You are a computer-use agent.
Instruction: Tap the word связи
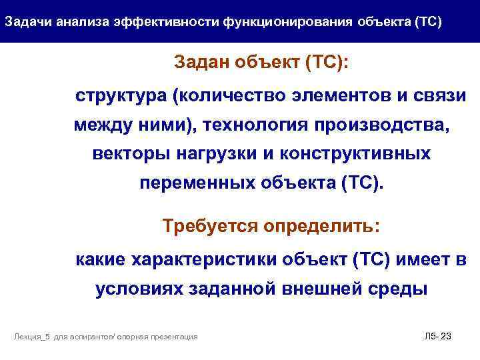click(439, 95)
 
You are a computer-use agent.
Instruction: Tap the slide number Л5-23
click(437, 337)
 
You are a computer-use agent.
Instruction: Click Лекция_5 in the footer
click(32, 337)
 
